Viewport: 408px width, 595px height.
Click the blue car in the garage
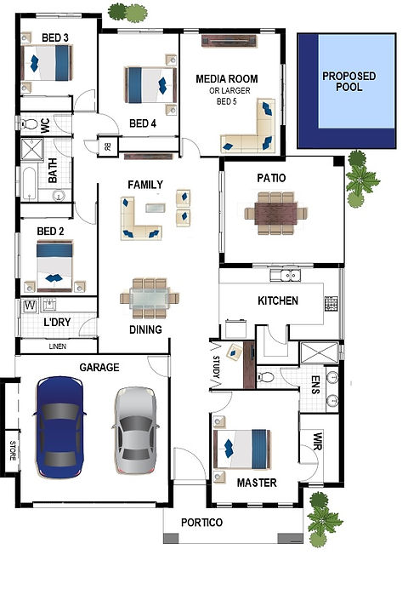click(59, 426)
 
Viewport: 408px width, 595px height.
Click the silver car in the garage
click(136, 430)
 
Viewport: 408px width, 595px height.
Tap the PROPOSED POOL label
click(348, 81)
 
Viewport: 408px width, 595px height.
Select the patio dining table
click(275, 214)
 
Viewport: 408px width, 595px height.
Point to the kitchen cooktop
click(331, 304)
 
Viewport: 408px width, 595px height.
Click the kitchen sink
click(286, 275)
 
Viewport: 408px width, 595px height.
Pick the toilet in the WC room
click(29, 123)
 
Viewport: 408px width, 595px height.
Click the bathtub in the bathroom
click(29, 184)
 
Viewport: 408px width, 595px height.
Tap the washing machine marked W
click(31, 306)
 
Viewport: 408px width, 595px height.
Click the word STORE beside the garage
click(13, 450)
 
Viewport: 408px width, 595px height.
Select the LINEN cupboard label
click(58, 346)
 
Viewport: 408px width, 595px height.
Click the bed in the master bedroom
click(242, 449)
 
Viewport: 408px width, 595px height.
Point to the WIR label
click(317, 441)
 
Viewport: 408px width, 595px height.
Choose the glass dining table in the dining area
click(150, 298)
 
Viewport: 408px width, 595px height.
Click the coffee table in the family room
click(156, 208)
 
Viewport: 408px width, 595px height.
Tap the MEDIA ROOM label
click(227, 79)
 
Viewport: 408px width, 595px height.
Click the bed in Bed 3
click(47, 63)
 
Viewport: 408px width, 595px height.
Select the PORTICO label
click(201, 523)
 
